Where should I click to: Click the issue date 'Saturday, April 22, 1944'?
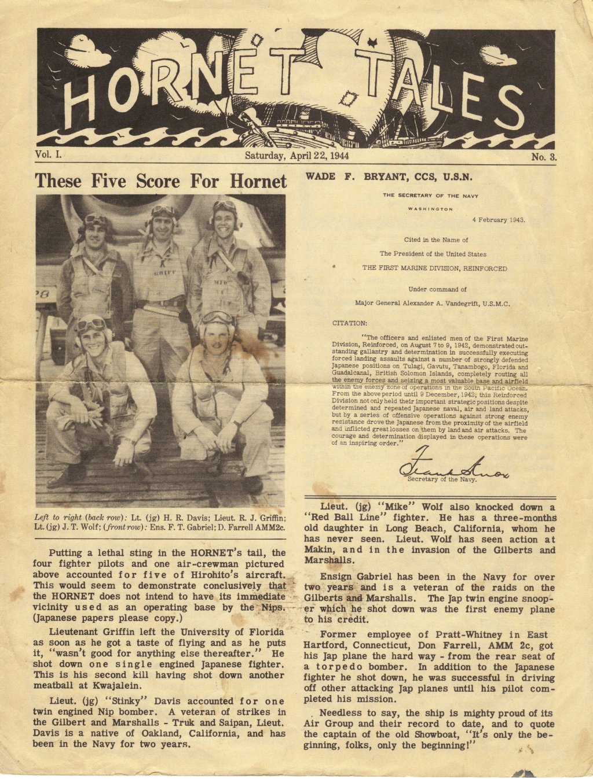click(296, 156)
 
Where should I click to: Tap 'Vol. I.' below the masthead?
click(48, 154)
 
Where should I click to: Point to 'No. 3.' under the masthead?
click(544, 157)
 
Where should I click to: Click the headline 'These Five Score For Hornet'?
click(160, 182)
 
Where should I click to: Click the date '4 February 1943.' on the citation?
click(498, 220)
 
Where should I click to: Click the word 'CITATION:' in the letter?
click(349, 323)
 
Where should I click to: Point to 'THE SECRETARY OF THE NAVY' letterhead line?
click(430, 195)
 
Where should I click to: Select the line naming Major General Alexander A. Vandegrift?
click(432, 303)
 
